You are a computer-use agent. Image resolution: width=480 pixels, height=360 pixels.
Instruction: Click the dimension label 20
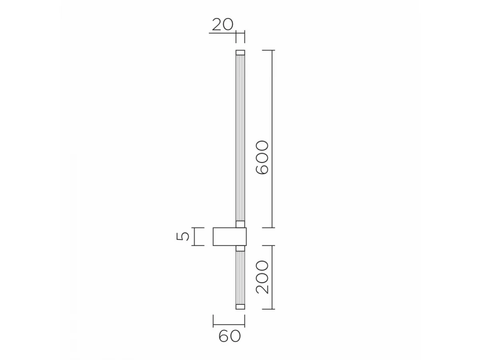222,24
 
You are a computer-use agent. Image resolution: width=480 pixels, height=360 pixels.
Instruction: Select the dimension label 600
262,157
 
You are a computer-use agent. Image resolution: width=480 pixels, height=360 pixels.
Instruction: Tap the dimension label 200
262,277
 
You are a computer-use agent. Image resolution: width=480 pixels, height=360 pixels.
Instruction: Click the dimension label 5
182,236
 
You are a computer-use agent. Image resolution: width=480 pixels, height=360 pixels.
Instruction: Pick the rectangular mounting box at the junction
230,236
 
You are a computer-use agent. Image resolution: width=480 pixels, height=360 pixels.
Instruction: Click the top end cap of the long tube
240,52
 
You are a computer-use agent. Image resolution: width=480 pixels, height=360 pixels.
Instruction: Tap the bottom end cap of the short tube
240,307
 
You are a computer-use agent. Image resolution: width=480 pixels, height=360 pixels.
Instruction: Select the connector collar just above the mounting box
240,224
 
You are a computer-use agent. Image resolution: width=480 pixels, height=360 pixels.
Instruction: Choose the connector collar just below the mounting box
240,248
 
